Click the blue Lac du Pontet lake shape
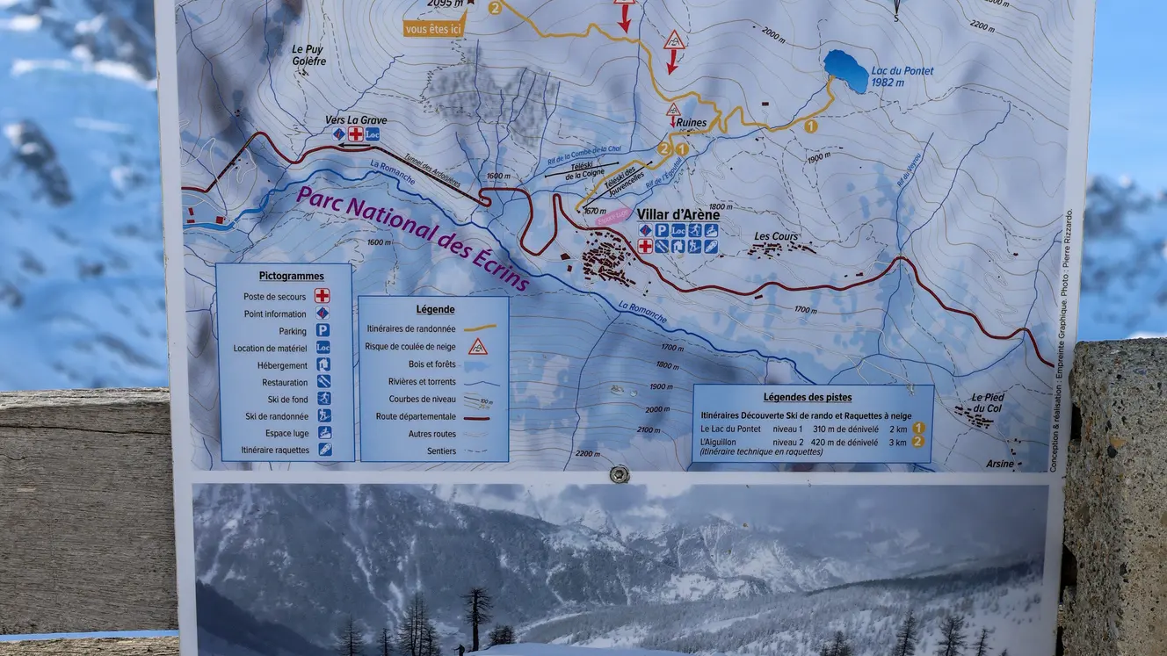[x=845, y=70]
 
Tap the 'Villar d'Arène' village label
[x=678, y=214]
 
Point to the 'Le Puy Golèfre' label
[x=308, y=55]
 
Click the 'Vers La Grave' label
[x=355, y=120]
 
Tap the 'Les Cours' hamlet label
[x=776, y=236]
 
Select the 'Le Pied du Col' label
[x=988, y=403]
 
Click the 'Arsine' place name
[x=999, y=464]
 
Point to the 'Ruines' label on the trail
[x=691, y=123]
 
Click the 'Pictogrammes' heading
[x=291, y=276]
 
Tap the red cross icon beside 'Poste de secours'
[x=323, y=296]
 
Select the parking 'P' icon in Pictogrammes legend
[x=323, y=331]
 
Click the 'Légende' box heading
[x=435, y=309]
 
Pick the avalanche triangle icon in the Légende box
[x=477, y=346]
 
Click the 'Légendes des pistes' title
[x=807, y=397]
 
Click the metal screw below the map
[x=620, y=473]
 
